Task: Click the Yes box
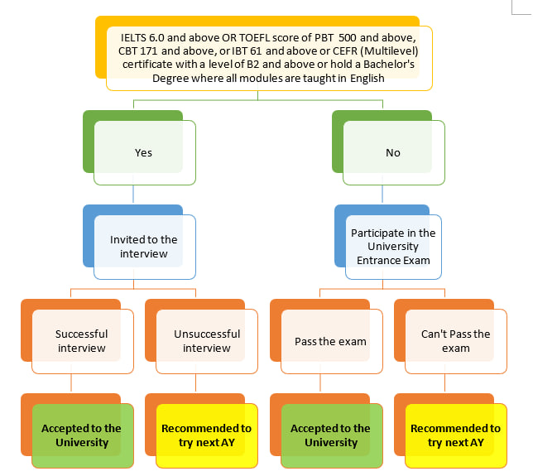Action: [x=144, y=152]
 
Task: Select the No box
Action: [x=393, y=152]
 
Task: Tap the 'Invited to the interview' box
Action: [x=144, y=247]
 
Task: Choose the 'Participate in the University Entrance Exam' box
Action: [x=393, y=247]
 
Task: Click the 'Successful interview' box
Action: [x=82, y=341]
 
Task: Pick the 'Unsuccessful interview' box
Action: [x=207, y=341]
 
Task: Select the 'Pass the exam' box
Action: [x=331, y=341]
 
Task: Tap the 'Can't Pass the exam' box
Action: [x=455, y=341]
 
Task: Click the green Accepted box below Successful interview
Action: [x=82, y=435]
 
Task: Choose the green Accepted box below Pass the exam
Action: [x=331, y=435]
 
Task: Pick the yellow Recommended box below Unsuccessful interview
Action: [x=207, y=435]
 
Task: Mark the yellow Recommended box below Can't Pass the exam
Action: [x=455, y=435]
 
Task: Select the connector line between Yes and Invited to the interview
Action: [x=133, y=195]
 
